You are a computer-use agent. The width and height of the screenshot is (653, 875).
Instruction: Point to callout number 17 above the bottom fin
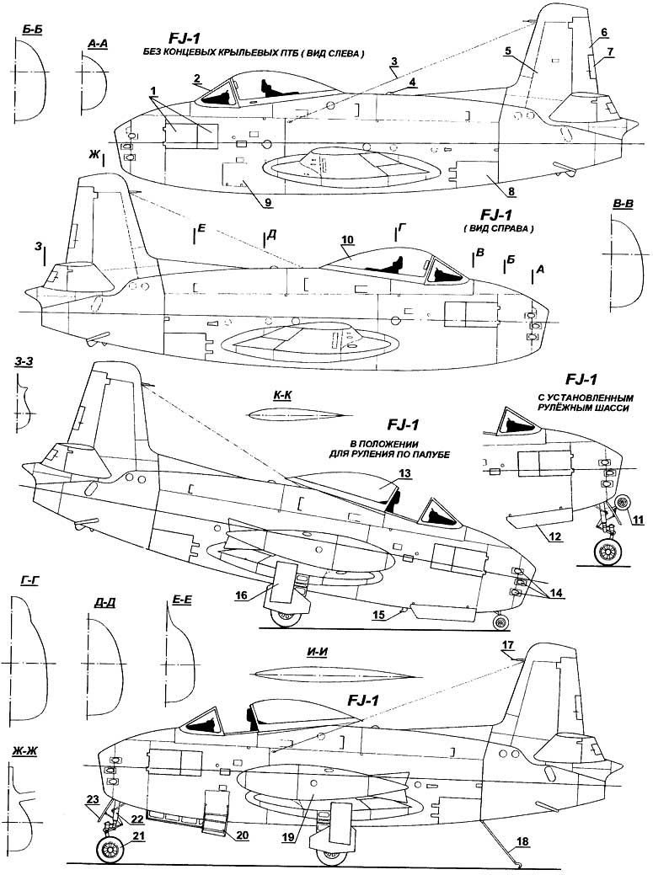507,646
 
